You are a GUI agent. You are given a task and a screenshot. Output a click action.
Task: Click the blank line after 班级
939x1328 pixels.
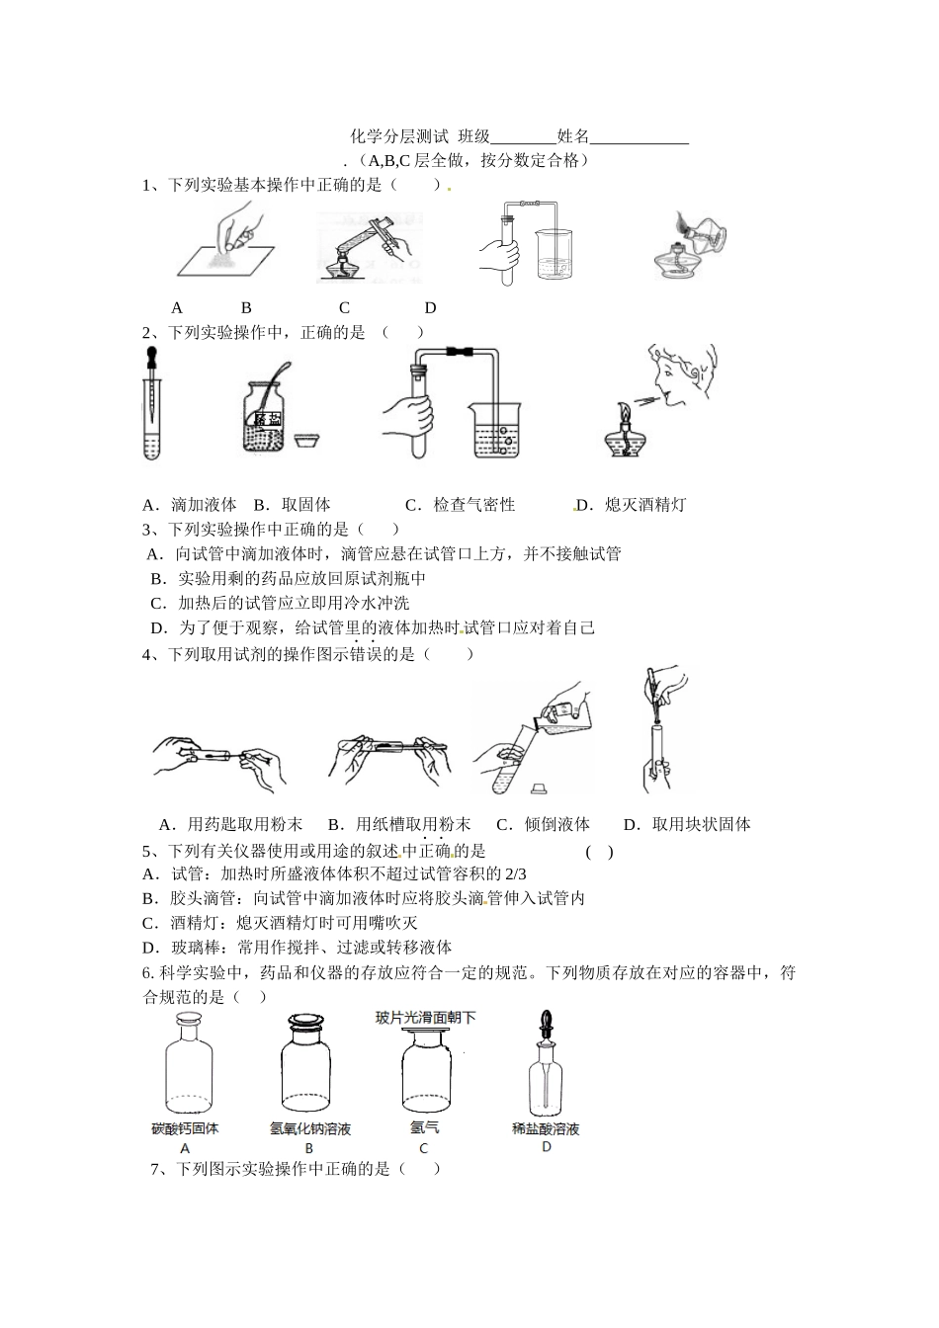pos(523,138)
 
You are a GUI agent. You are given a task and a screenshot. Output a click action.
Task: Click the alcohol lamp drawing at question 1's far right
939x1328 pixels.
pos(691,245)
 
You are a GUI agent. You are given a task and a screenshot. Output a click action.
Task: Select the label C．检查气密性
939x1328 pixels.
pos(461,505)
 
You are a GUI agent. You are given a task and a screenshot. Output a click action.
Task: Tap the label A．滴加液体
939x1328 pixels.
pos(190,505)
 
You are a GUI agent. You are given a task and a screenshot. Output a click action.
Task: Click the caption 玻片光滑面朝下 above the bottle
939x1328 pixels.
pos(425,1018)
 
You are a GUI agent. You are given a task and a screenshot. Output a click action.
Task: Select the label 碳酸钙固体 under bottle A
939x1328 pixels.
pos(185,1128)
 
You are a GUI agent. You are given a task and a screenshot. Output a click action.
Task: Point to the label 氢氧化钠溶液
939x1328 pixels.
pos(310,1128)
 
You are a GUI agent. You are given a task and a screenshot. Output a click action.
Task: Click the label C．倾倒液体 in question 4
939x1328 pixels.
pos(543,824)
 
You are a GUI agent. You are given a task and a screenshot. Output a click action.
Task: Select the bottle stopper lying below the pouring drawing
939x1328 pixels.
pos(539,788)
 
